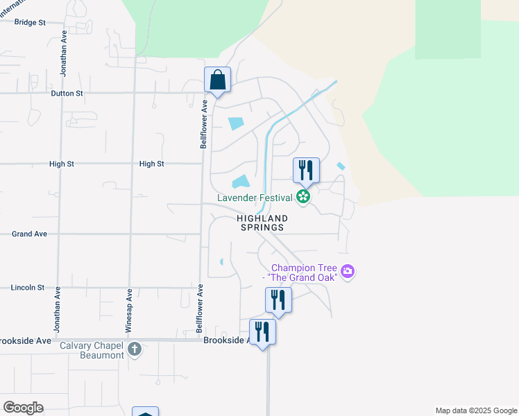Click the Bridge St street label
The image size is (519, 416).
30,22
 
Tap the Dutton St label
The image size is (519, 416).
67,93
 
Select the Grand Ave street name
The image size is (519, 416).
29,234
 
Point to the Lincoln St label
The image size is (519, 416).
28,287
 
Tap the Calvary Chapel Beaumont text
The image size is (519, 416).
92,350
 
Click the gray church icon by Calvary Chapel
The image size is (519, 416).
135,349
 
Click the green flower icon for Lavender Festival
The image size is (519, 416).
303,198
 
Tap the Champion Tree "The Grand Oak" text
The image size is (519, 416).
304,272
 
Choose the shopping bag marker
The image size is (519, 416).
218,80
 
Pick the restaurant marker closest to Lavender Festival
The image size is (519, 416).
306,170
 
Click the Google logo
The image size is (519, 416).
23,408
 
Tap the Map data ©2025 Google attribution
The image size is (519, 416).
476,410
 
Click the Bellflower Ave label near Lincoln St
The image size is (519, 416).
200,306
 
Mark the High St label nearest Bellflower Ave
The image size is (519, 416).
151,164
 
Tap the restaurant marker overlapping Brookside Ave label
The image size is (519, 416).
262,332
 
